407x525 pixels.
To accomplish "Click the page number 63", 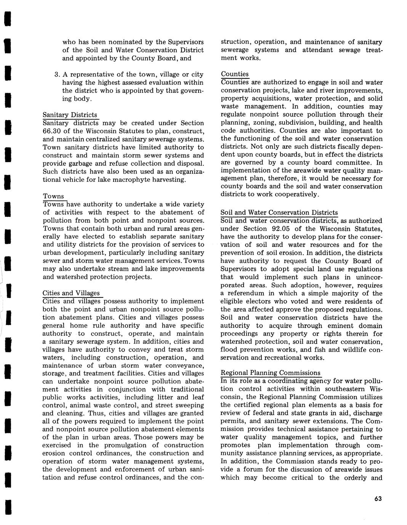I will pyautogui.click(x=378, y=499).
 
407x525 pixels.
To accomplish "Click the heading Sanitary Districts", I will pyautogui.click(x=70, y=115).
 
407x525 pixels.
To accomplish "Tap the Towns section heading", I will pyautogui.click(x=53, y=196).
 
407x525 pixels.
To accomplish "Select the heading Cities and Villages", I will pyautogui.click(x=71, y=293).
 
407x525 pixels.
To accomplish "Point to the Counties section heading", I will pyautogui.click(x=235, y=74).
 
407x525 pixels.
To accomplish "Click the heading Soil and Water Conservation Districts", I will pyautogui.click(x=279, y=213).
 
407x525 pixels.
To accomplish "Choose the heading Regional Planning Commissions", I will pyautogui.click(x=271, y=373).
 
